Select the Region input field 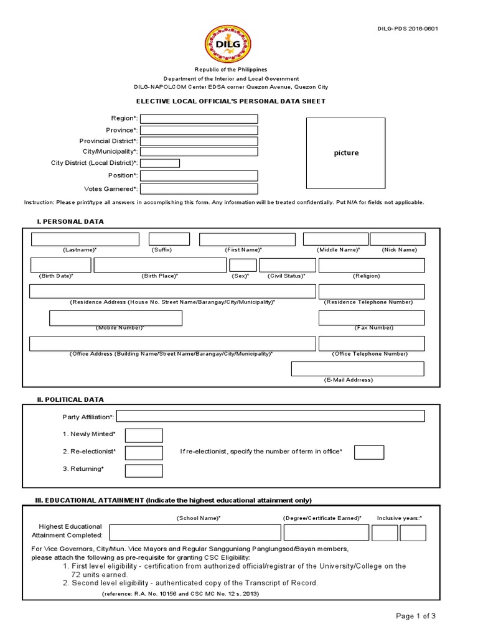[x=199, y=119]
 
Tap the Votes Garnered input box [x=199, y=189]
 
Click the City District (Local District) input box [x=161, y=164]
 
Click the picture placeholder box [x=346, y=152]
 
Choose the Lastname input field [x=85, y=239]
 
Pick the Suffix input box [x=169, y=239]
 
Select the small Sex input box [x=243, y=266]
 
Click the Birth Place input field [x=160, y=266]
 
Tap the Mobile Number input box [x=116, y=318]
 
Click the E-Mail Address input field [x=357, y=369]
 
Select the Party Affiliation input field [x=270, y=416]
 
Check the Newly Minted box [x=144, y=435]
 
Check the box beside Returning [x=144, y=470]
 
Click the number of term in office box [x=369, y=452]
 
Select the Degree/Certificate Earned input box [x=326, y=533]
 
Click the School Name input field [x=195, y=533]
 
